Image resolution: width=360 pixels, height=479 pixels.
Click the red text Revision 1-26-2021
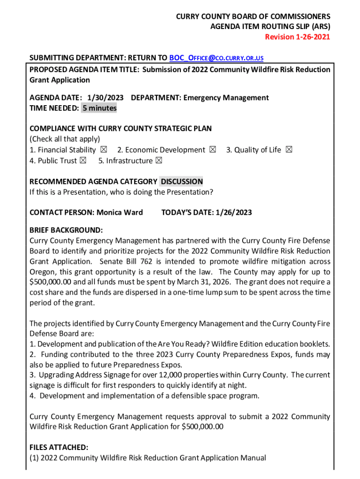pyautogui.click(x=297, y=37)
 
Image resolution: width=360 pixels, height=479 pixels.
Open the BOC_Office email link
pyautogui.click(x=216, y=58)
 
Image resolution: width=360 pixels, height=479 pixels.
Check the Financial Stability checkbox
pyautogui.click(x=104, y=150)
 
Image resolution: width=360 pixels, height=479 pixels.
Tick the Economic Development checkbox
pyautogui.click(x=213, y=150)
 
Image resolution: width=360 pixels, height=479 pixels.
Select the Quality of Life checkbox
pyautogui.click(x=288, y=150)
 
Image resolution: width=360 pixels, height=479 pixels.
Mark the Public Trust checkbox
pyautogui.click(x=83, y=161)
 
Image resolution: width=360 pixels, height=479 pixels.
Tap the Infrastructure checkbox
pyautogui.click(x=158, y=161)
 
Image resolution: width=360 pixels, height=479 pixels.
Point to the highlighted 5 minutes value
pyautogui.click(x=99, y=109)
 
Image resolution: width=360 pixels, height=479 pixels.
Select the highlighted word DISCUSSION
pyautogui.click(x=182, y=181)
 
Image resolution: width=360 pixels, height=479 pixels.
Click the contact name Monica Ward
pyautogui.click(x=120, y=213)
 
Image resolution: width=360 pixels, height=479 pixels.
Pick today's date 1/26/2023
pyautogui.click(x=234, y=213)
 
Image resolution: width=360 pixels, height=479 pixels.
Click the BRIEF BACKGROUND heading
pyautogui.click(x=66, y=231)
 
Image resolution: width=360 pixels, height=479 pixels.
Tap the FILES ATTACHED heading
pyautogui.click(x=58, y=448)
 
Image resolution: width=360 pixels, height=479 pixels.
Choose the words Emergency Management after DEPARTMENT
pyautogui.click(x=226, y=98)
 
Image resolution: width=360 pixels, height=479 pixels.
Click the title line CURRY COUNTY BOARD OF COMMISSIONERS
pyautogui.click(x=252, y=16)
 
